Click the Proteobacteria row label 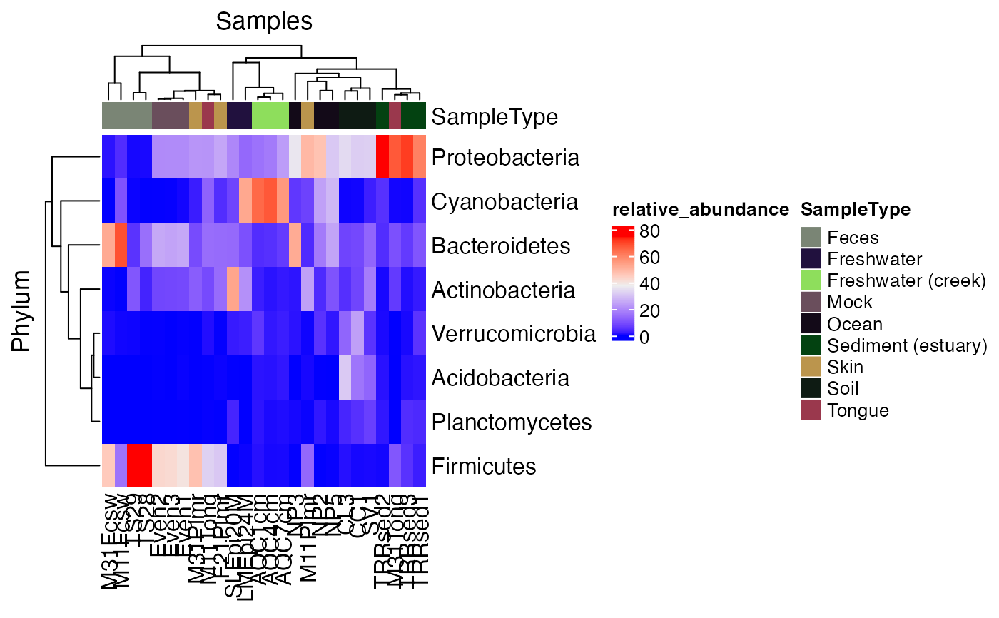click(505, 157)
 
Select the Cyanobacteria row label click(504, 201)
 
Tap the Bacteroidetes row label click(501, 245)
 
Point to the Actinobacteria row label click(503, 290)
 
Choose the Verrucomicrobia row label click(514, 333)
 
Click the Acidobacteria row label click(500, 378)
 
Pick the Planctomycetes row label click(512, 422)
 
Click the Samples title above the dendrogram click(264, 21)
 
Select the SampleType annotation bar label click(495, 116)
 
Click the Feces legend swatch click(811, 238)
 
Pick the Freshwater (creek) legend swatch click(811, 280)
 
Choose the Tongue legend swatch click(811, 410)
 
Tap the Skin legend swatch click(811, 367)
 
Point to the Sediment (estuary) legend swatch click(811, 345)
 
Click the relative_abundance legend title click(700, 210)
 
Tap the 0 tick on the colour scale click(644, 338)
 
